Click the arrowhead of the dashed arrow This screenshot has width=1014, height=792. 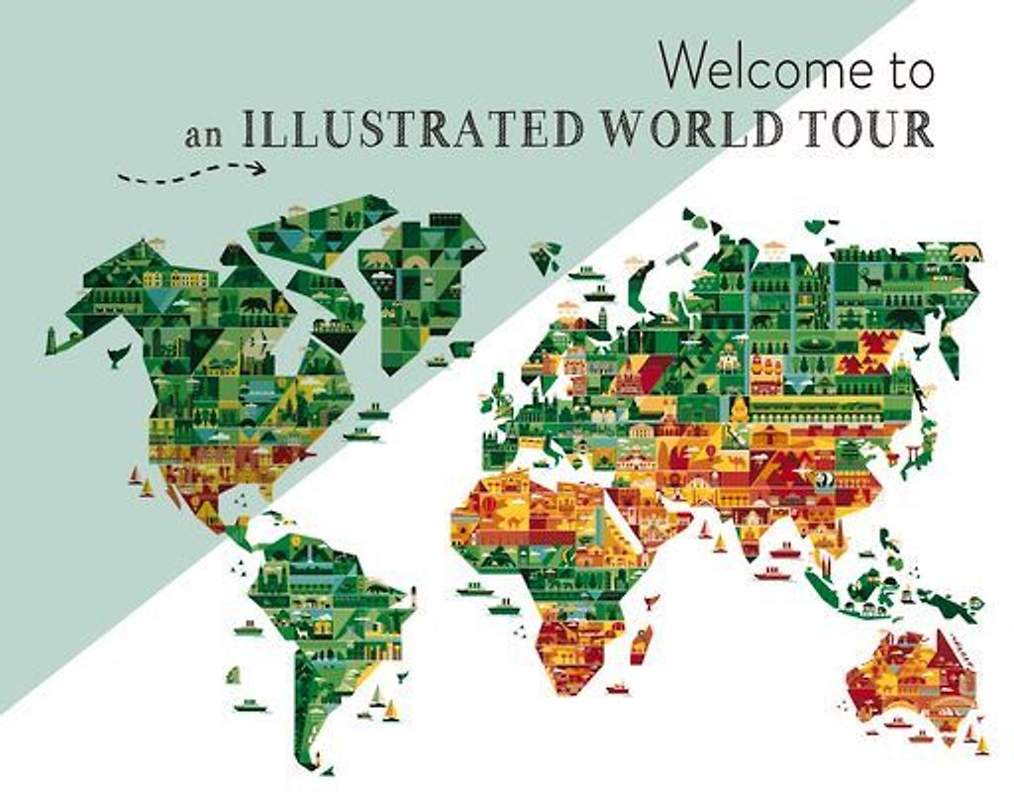pos(260,168)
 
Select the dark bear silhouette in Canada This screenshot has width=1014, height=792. pos(254,304)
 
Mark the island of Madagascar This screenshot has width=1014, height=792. pos(642,643)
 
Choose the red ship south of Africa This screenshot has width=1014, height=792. pos(616,688)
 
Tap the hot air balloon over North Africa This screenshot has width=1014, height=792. pos(489,504)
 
